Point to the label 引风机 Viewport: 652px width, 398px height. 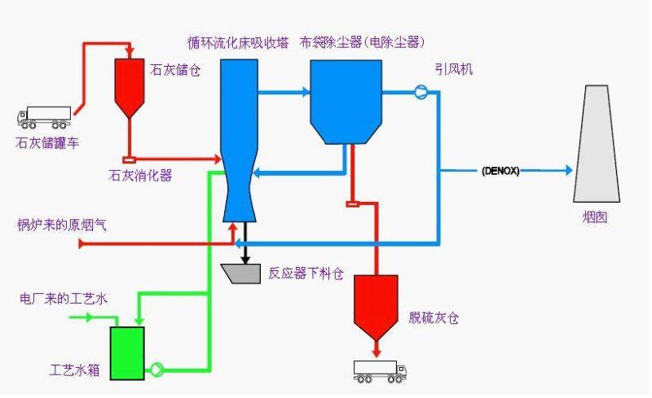(456, 71)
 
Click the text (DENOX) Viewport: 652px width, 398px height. (500, 171)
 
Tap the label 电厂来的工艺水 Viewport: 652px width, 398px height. (63, 299)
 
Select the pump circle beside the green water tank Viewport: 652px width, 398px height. (157, 369)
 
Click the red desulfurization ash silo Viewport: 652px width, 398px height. (376, 303)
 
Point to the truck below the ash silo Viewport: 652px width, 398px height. (380, 372)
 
